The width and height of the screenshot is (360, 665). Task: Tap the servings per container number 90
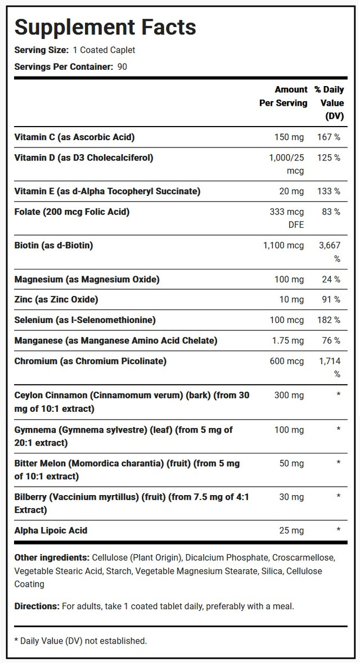click(122, 66)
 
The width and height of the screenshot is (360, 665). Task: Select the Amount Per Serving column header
click(283, 96)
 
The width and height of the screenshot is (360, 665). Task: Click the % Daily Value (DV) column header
click(329, 103)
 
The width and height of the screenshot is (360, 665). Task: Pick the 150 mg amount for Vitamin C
click(287, 137)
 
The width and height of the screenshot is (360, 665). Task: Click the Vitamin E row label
click(107, 191)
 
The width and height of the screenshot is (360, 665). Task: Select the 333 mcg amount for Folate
click(287, 212)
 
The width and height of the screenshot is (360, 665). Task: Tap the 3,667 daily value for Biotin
click(328, 245)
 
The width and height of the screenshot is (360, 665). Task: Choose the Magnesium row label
click(87, 279)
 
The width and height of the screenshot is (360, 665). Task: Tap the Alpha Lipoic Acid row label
click(51, 530)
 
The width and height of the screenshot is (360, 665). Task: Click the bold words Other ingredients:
click(52, 558)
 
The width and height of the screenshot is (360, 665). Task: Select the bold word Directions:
click(37, 606)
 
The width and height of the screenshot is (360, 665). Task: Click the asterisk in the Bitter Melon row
click(338, 464)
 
